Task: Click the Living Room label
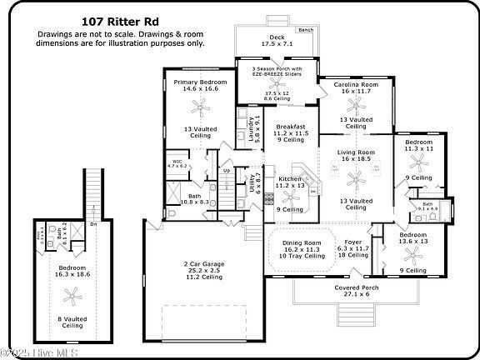click(356, 152)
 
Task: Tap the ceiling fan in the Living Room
click(356, 177)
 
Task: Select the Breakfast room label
click(292, 127)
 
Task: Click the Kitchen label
click(290, 178)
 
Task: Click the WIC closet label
click(177, 162)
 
